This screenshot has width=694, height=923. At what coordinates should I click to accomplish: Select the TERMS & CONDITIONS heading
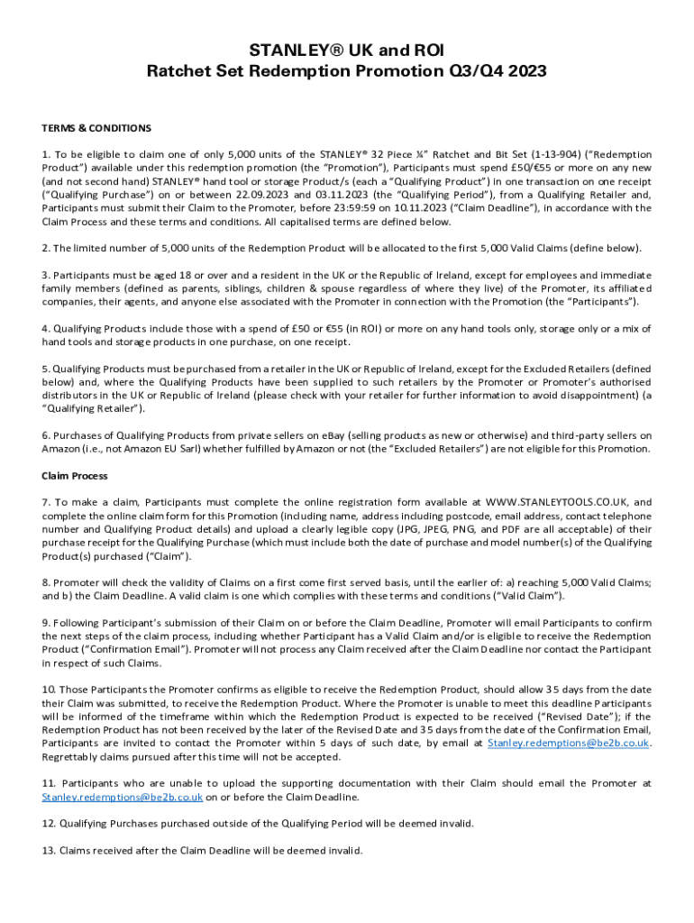coord(96,128)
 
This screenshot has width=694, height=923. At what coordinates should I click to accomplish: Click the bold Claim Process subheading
coord(75,476)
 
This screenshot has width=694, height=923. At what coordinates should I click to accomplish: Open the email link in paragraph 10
coord(568,744)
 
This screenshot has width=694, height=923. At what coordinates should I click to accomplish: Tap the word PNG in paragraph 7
coord(460,529)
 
